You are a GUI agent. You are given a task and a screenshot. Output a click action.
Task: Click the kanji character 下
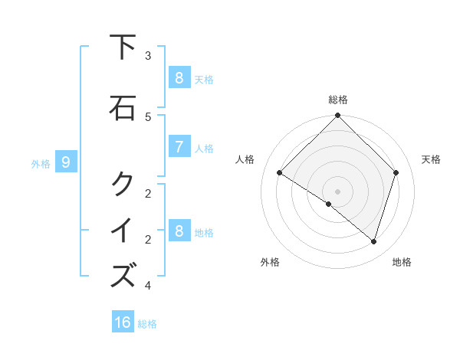[123, 47]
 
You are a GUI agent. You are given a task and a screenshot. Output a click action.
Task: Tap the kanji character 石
[123, 107]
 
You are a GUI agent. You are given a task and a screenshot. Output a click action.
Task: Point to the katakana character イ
[123, 230]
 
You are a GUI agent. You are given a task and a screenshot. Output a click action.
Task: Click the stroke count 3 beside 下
[148, 56]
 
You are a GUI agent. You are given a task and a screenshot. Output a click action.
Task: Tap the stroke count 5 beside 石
[148, 116]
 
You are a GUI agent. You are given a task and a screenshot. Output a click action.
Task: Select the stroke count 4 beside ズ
[148, 286]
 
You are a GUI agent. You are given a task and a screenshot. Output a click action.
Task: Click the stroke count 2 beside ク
[148, 193]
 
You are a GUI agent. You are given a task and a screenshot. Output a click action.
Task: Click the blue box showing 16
[123, 322]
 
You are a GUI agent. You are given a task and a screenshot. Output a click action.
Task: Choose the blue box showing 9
[66, 162]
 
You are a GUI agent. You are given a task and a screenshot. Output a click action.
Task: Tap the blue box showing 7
[179, 147]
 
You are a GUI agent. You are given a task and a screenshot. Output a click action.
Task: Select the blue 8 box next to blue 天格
[179, 77]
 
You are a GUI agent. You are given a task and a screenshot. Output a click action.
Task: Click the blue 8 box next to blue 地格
[179, 231]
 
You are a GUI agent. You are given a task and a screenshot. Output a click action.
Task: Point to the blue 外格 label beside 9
[41, 163]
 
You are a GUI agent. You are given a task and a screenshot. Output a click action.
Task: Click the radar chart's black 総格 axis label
[338, 100]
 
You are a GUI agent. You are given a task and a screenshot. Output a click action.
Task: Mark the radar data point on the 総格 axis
[337, 116]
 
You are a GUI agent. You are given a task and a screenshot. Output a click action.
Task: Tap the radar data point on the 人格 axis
[280, 173]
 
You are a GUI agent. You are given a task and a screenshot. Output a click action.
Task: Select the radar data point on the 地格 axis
[373, 242]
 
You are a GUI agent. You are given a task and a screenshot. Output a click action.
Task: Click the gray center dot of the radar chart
[337, 191]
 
